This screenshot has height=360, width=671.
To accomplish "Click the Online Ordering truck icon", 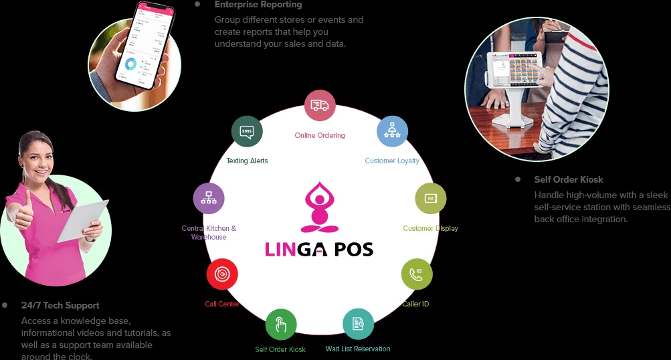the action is pos(320,106).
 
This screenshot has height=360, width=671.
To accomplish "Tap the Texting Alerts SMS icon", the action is pos(247,130).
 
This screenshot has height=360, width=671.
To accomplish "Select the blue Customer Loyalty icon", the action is pos(392,131).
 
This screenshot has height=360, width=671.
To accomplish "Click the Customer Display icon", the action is pos(430,199).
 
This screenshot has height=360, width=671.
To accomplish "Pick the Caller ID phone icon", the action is pos(416,274).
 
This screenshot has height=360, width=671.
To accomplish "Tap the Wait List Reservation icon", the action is pos(358,324).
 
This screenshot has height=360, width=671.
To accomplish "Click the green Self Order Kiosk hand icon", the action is pos(281,325).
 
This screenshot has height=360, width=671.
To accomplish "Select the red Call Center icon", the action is pos(222,274).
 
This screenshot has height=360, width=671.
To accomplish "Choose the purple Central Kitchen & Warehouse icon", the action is pos(209,199).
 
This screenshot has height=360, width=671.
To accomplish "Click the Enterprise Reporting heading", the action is pos(258,5).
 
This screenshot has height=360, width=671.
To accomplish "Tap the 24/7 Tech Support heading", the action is pos(60,305).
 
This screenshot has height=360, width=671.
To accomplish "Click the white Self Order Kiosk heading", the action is pos(569,179).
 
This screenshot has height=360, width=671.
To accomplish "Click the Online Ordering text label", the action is pos(320,135).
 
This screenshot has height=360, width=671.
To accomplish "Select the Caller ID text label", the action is pos(415,304).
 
